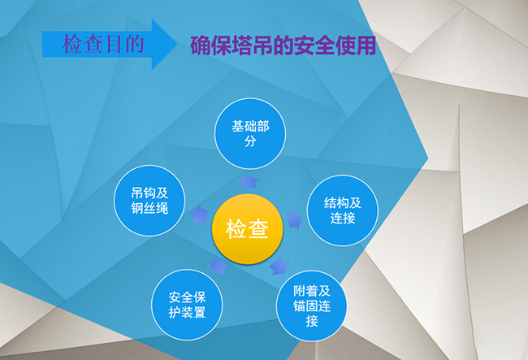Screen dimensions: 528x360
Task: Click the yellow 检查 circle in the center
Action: pos(248,229)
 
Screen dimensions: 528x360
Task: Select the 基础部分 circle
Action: pos(250,133)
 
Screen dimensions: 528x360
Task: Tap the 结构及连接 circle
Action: pos(343,210)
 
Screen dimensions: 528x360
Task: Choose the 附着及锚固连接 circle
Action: pos(312,306)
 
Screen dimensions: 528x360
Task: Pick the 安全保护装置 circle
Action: pos(187,305)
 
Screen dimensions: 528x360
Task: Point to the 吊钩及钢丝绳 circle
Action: pos(149,201)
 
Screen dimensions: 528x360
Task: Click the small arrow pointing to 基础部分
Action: pos(249,181)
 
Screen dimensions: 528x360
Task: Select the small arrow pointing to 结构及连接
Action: pos(294,219)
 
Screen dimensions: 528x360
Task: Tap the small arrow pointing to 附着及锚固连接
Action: pos(279,267)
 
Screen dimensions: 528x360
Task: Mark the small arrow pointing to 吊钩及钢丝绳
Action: pos(200,215)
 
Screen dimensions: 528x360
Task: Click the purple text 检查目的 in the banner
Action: pos(103,44)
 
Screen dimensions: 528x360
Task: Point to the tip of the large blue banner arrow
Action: pos(177,44)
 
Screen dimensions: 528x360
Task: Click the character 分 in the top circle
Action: pos(250,141)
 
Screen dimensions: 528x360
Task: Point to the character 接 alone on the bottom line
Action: pos(312,321)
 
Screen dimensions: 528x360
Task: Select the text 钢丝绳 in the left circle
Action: pos(149,209)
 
